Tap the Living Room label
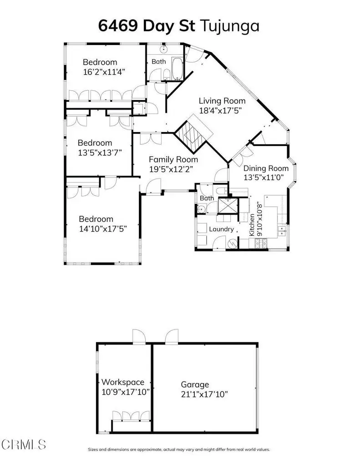[222, 101]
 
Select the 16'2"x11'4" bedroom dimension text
[103, 71]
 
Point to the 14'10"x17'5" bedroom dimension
[102, 228]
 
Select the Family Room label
[173, 159]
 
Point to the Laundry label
[221, 229]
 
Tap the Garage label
[195, 385]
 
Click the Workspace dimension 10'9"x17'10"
[125, 391]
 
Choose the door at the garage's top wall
[171, 336]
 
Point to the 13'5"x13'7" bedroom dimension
[99, 152]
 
